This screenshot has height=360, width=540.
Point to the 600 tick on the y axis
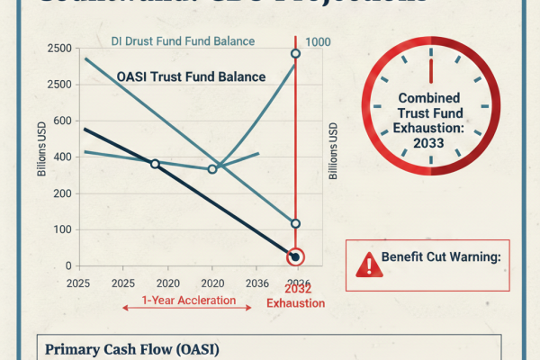(61, 121)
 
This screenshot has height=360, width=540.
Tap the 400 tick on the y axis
(61, 157)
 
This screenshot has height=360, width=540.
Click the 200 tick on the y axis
(61, 193)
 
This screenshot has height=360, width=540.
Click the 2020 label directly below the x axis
(211, 282)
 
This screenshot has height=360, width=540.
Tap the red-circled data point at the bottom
(296, 257)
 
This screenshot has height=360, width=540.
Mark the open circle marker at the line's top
(296, 55)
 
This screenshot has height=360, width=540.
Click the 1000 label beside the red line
(319, 42)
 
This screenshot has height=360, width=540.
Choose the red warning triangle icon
(366, 264)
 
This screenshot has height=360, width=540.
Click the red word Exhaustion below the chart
(295, 303)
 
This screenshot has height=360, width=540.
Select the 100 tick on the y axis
(61, 229)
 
